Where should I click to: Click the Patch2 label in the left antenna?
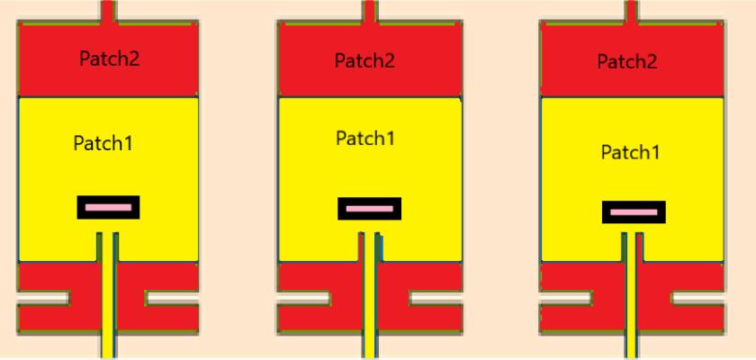(109, 59)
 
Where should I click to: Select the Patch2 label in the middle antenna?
(364, 60)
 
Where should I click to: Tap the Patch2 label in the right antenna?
(627, 61)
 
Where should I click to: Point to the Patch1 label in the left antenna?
(103, 142)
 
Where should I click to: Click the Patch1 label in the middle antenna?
(365, 139)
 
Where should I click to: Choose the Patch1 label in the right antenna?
(630, 152)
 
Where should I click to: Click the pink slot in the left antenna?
(109, 208)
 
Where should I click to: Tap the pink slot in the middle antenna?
(369, 209)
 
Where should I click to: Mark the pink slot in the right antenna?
(634, 212)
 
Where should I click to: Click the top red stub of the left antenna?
(107, 12)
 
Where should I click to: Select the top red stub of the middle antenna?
(367, 12)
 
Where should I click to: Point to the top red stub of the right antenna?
(632, 12)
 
